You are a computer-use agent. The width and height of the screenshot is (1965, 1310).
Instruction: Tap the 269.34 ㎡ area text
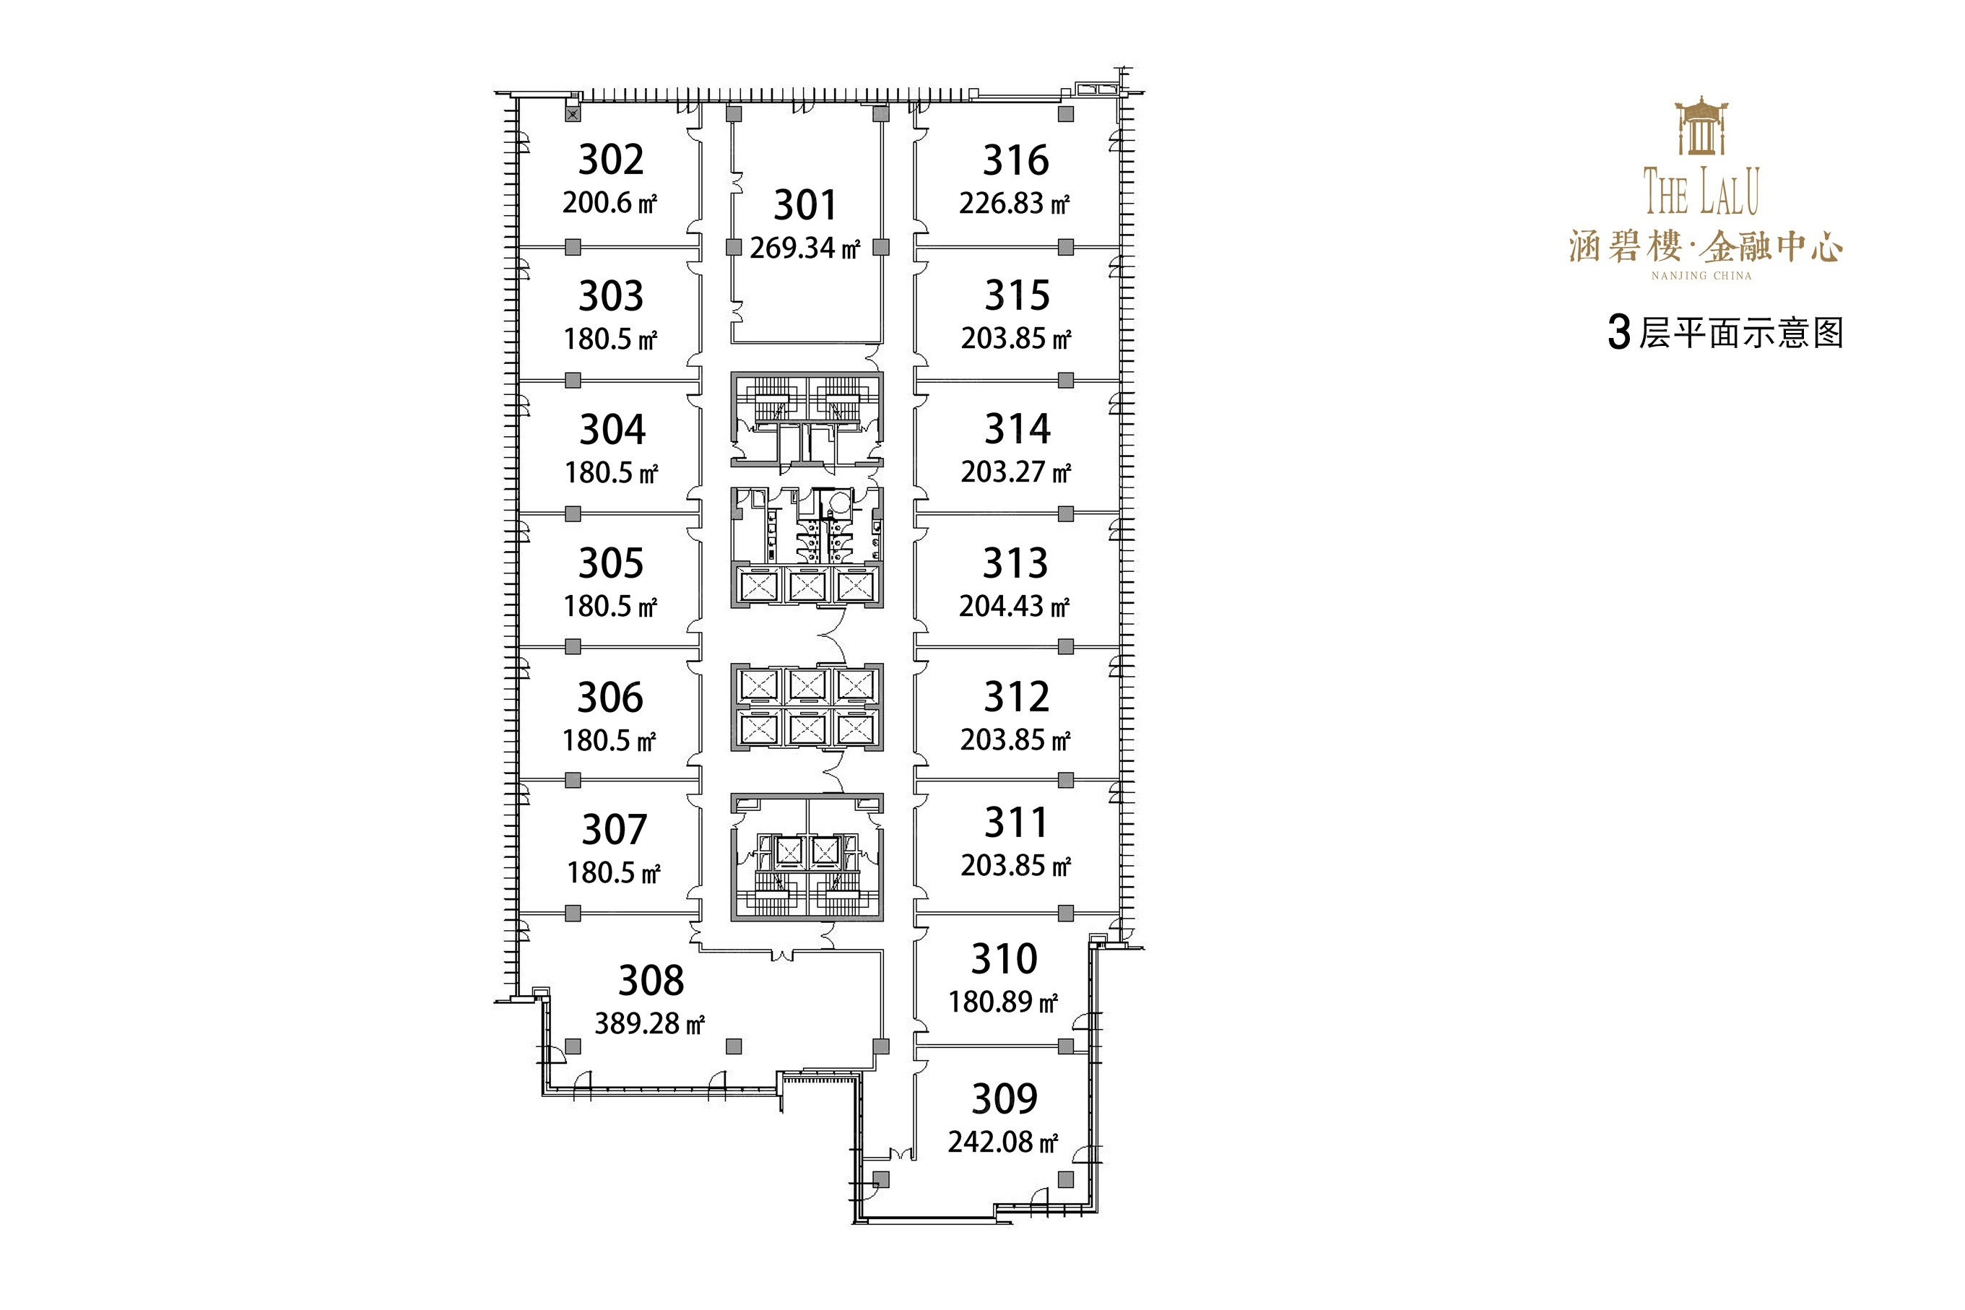804,248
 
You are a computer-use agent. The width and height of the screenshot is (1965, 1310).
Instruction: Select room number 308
651,981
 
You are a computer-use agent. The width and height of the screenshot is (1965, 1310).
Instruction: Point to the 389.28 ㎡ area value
649,1023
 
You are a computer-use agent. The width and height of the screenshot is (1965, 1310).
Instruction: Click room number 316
1015,160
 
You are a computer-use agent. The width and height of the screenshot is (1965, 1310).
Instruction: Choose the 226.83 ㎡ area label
1014,203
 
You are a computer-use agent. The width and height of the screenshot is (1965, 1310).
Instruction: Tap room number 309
1005,1098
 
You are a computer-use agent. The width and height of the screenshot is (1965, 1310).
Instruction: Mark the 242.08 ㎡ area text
1002,1141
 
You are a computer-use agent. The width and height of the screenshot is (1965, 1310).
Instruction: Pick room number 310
1005,959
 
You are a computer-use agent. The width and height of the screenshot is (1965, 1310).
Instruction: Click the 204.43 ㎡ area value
1014,606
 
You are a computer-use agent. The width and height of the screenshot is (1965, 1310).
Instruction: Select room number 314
1017,430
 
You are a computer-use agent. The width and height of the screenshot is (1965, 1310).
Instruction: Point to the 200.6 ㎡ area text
610,203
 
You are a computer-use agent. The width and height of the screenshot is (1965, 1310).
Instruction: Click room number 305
611,564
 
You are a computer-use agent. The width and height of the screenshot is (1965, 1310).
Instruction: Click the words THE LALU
1701,191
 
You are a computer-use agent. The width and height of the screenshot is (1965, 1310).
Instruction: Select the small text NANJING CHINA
1701,276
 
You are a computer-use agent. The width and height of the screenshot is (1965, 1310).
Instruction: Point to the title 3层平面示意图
1725,332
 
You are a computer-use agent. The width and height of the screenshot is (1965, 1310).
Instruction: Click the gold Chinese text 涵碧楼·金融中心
1705,247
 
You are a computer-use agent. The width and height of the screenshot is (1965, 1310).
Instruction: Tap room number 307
614,830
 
